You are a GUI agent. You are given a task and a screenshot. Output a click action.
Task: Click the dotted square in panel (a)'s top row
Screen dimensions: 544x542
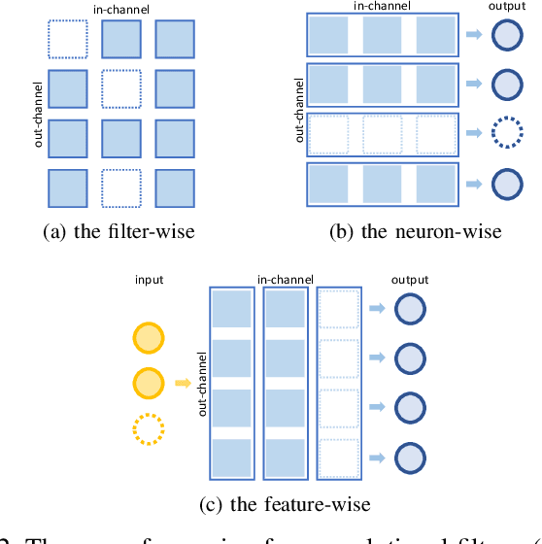[x=69, y=39]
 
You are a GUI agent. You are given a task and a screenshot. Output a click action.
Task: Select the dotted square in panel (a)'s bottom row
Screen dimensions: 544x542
[x=122, y=187]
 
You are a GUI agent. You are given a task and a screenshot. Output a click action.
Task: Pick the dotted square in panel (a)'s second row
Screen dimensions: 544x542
[x=122, y=88]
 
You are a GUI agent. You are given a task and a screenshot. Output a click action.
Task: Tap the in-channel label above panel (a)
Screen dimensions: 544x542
[x=122, y=8]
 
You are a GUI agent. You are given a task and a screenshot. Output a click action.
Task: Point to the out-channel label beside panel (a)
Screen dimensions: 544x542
[x=36, y=115]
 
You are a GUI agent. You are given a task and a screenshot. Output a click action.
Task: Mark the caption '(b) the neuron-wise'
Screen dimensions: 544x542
[x=416, y=231]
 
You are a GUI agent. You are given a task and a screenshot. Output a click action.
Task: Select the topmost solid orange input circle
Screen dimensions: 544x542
[x=149, y=337]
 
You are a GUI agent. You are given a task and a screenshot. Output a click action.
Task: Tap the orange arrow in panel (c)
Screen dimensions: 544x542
[x=182, y=384]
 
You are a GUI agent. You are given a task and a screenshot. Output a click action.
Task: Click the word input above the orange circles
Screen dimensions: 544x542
[x=149, y=280]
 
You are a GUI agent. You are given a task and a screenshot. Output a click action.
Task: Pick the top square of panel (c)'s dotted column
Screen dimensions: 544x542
[x=337, y=310]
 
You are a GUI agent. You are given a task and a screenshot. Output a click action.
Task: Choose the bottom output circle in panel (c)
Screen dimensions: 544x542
[x=409, y=456]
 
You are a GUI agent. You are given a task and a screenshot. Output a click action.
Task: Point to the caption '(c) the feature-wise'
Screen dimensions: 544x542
[x=270, y=504]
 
